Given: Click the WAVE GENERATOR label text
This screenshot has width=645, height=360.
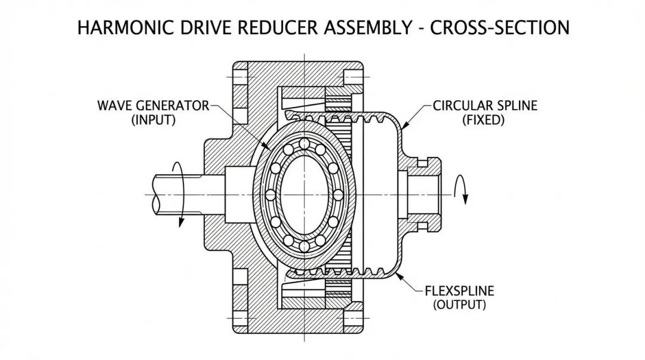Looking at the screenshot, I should click(153, 106).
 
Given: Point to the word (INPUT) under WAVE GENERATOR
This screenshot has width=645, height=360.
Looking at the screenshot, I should click(153, 120).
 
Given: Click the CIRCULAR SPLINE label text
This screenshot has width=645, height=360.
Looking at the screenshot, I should click(485, 106).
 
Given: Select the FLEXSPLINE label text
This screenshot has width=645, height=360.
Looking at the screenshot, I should click(459, 292).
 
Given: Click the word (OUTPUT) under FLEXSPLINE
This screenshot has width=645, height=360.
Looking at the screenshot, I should click(459, 305).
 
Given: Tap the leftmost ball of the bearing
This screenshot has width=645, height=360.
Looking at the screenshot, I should click(270, 195).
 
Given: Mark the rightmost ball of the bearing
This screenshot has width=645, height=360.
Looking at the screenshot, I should click(339, 195).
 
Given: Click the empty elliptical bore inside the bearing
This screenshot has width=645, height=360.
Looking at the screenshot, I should click(305, 195).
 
